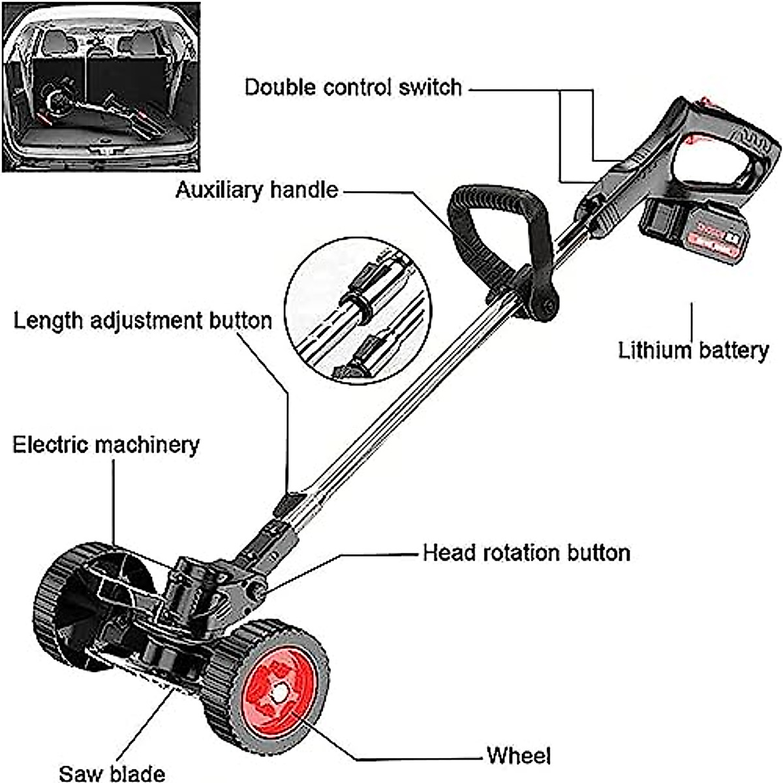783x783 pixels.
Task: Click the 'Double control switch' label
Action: [x=353, y=87]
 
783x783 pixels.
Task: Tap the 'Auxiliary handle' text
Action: [x=257, y=190]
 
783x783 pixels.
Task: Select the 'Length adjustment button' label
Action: [x=143, y=320]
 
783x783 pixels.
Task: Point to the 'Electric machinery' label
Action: [x=106, y=444]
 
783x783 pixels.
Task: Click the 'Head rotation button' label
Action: [x=526, y=553]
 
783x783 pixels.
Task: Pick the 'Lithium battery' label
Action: [x=694, y=350]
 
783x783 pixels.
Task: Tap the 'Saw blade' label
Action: [x=112, y=773]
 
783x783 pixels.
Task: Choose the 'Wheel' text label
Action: [x=519, y=756]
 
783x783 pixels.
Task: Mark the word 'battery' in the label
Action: [x=733, y=350]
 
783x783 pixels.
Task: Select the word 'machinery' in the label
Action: [x=147, y=444]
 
